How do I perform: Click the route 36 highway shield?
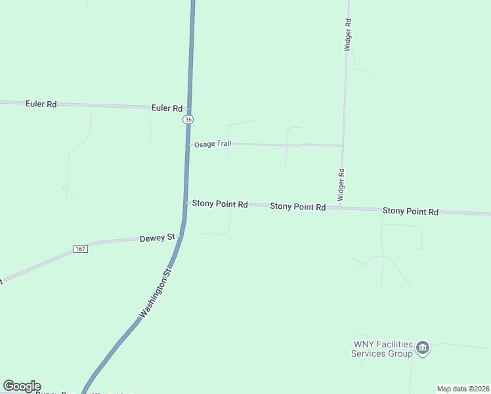(x=188, y=120)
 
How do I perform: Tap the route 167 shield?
(x=80, y=249)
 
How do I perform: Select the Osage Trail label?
(x=212, y=144)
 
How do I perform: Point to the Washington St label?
(x=156, y=293)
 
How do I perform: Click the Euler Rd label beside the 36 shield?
(x=167, y=108)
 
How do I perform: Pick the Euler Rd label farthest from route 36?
(x=41, y=104)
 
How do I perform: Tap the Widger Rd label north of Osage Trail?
(x=348, y=35)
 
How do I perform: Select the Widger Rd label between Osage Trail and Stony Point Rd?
(x=341, y=185)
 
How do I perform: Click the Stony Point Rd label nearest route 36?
(x=220, y=204)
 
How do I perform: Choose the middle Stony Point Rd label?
(x=298, y=206)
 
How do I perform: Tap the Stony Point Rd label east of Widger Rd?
(x=410, y=211)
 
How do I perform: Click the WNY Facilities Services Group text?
(x=383, y=349)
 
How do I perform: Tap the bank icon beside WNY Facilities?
(x=423, y=347)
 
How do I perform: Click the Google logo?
(x=22, y=386)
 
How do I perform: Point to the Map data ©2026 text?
(x=463, y=389)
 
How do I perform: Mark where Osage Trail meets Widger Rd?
(x=342, y=146)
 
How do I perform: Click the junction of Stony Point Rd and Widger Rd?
(x=340, y=208)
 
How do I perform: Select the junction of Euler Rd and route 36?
(x=189, y=108)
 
